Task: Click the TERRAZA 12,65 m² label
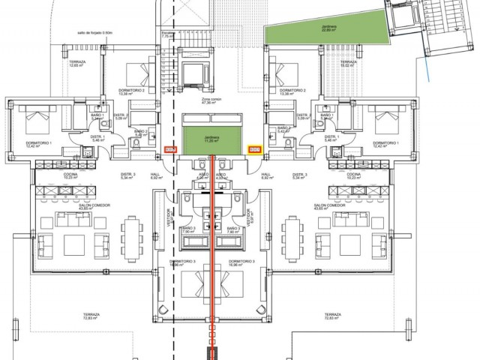77,64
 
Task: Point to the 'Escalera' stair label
168,35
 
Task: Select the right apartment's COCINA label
355,173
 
